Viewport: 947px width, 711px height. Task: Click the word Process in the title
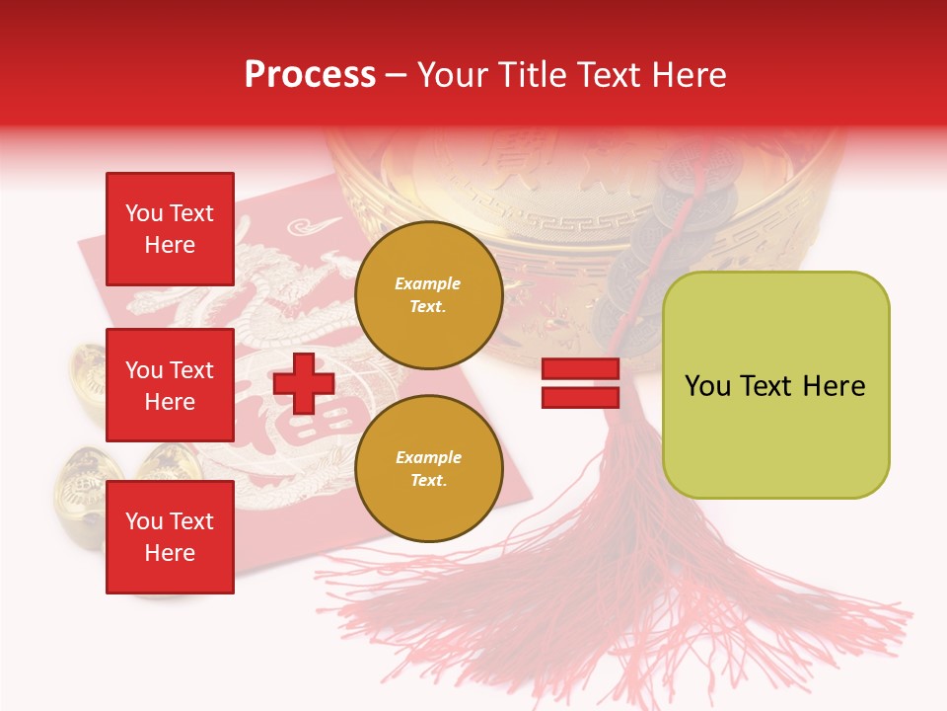tap(310, 74)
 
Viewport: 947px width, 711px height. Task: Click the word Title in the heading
tap(529, 75)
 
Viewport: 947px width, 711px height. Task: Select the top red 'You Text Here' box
tap(170, 229)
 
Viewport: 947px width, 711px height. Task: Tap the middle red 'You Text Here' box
tap(170, 385)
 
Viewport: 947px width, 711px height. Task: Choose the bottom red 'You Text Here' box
tap(170, 537)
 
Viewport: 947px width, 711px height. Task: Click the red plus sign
tap(304, 383)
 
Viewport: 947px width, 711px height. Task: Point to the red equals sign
tap(580, 383)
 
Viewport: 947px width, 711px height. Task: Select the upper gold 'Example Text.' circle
tap(428, 295)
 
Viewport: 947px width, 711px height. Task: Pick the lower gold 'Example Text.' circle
tap(428, 469)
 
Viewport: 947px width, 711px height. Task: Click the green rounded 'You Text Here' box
tap(775, 385)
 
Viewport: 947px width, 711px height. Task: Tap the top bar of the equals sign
tap(580, 369)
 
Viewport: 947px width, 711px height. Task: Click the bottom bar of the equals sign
tap(580, 397)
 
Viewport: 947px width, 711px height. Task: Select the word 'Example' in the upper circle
tap(428, 283)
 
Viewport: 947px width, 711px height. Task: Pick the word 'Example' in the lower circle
tap(428, 457)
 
